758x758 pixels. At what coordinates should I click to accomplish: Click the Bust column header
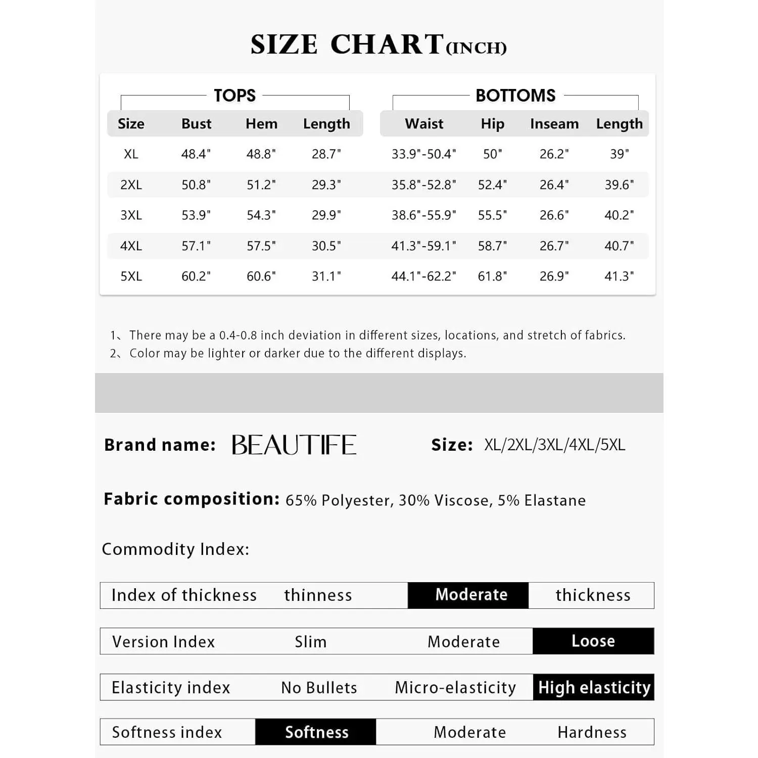pos(196,124)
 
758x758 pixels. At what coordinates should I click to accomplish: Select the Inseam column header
pos(554,124)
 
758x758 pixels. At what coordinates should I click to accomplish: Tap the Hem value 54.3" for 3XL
pos(261,215)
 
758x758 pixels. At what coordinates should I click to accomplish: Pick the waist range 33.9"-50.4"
pos(423,154)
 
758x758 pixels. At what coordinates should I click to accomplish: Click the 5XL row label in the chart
pos(131,276)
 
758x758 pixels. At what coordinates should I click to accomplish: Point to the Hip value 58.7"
pos(492,246)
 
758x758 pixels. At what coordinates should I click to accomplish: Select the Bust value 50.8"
pos(196,185)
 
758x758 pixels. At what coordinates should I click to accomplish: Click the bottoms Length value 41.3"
pos(619,276)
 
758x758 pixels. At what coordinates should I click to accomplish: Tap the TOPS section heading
pos(234,96)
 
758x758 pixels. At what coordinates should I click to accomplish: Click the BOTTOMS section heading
pos(515,96)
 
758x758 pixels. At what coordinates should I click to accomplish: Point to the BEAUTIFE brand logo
pos(294,445)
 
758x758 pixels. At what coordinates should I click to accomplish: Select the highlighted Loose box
pos(593,641)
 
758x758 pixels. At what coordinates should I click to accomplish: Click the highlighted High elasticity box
pos(594,687)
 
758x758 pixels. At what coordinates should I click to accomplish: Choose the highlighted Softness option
pos(316,732)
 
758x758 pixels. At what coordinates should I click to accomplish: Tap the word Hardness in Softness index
pos(592,732)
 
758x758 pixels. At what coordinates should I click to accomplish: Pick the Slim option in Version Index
pos(310,642)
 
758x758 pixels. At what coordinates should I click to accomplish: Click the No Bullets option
pos(319,688)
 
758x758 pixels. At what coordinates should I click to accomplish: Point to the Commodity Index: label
pos(175,549)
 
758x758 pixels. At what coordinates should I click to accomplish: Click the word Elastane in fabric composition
pos(555,500)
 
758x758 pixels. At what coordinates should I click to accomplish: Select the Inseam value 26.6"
pos(554,215)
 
